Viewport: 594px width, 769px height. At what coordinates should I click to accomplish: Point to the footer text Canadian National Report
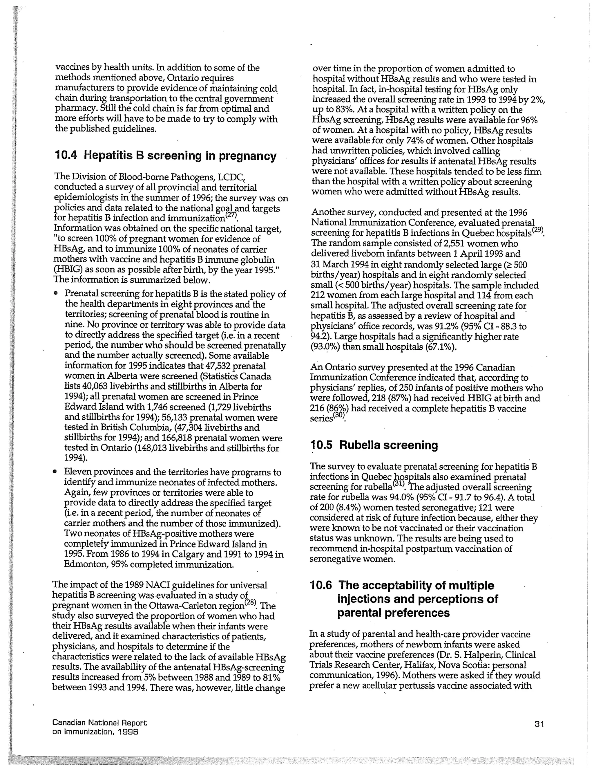click(x=99, y=723)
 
